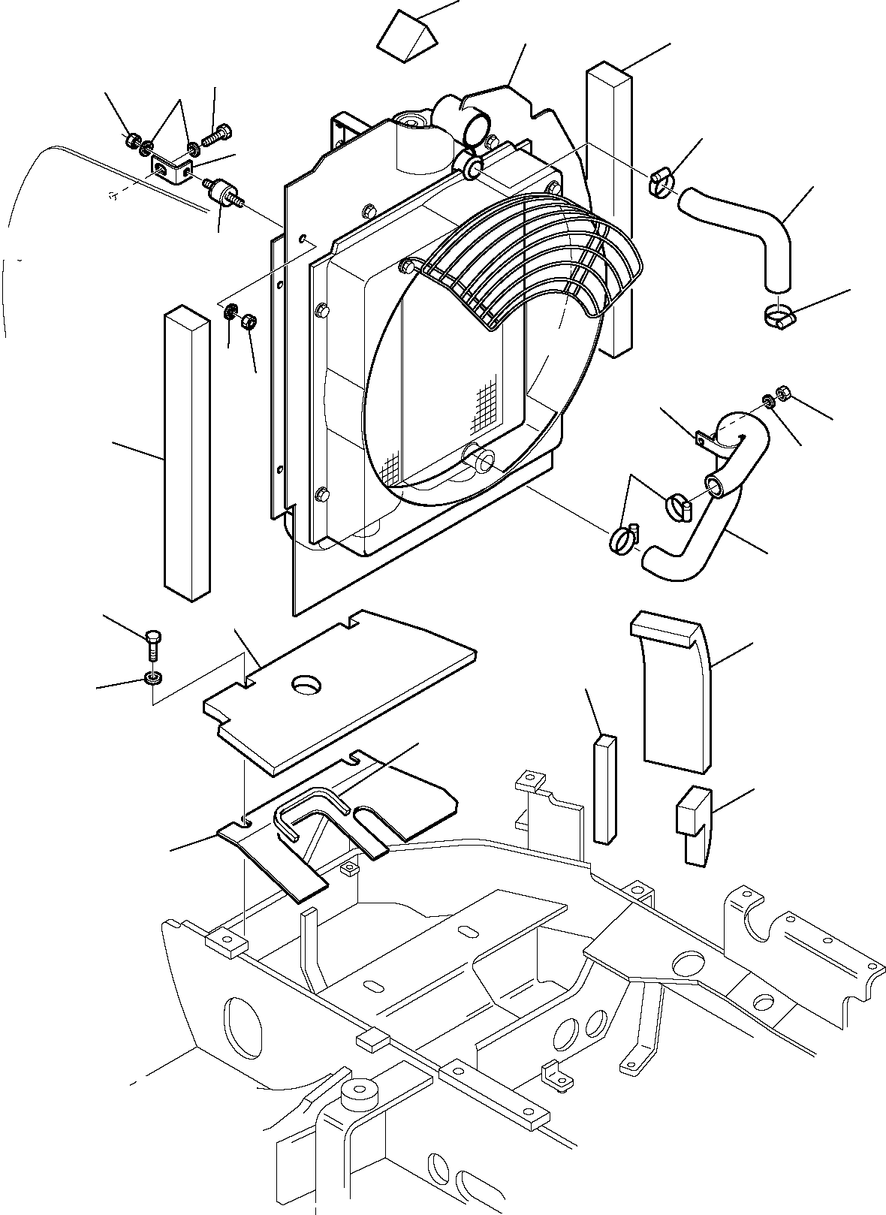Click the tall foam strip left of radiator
click(x=185, y=451)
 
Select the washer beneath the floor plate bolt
click(x=153, y=679)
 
